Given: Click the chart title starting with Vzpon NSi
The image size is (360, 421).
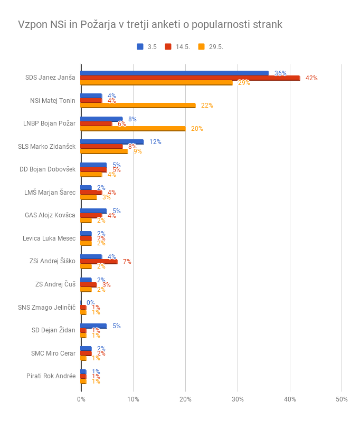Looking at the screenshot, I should pos(150,25).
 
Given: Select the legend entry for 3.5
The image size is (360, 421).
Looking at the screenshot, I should pos(147,46).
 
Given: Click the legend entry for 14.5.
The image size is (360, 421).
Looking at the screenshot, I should pos(178,46).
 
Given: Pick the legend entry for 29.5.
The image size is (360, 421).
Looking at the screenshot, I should pos(211,46).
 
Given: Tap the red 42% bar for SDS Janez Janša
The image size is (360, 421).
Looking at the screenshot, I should pos(190,78).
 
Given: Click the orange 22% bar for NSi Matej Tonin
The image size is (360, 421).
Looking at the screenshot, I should pos(138,106).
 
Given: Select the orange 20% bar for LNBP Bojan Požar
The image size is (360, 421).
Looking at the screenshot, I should pos(132,129).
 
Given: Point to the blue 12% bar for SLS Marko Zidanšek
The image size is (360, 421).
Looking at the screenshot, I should pos(112,142).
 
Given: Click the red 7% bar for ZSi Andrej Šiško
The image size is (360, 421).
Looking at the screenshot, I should pos(99,262).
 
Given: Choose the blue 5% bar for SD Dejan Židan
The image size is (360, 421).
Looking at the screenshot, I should pos(93,326).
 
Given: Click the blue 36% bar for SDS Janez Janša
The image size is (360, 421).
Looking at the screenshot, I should pos(174,73).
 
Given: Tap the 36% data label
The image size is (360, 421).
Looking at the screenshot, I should pos(280,73).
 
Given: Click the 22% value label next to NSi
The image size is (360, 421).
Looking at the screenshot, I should pos(207,106).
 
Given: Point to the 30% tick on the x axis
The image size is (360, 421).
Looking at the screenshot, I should pos(238,399).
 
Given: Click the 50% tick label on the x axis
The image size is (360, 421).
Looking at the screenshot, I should pos(342,399).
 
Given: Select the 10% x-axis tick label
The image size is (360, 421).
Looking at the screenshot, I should pos(133,399).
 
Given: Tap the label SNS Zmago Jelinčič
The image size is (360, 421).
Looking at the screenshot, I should pos(47,308).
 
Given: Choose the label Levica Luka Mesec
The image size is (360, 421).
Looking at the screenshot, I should pos(49,238).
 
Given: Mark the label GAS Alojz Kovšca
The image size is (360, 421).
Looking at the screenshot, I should pos(50,215).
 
